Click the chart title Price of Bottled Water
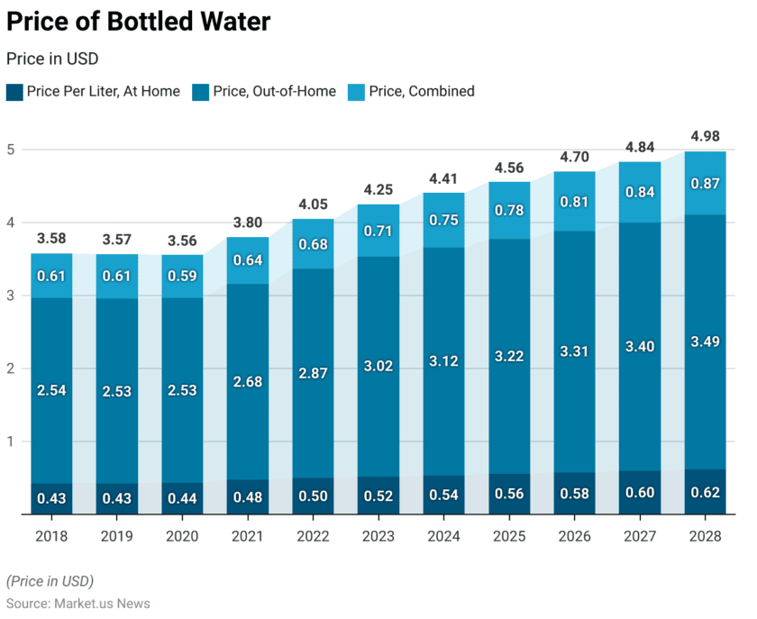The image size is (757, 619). click(x=138, y=22)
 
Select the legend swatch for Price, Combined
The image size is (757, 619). click(x=357, y=91)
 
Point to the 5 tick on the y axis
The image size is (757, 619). click(x=11, y=150)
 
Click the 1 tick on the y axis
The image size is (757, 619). click(x=11, y=441)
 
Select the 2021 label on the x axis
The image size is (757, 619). click(x=248, y=536)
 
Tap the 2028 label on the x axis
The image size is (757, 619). click(x=705, y=536)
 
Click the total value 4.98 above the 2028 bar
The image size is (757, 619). click(x=705, y=137)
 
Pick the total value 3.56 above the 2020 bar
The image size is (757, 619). click(x=183, y=241)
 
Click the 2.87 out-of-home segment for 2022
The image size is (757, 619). click(x=313, y=372)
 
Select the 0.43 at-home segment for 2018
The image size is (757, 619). click(x=51, y=499)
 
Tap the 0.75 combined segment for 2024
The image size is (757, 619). click(x=443, y=220)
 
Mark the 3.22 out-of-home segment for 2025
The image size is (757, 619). click(x=509, y=356)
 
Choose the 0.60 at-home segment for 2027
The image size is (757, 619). click(x=640, y=492)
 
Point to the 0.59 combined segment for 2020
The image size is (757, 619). click(x=183, y=276)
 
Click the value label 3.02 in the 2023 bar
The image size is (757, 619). click(x=378, y=365)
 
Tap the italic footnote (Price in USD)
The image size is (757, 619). click(x=50, y=580)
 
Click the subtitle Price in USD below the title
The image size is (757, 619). click(x=52, y=59)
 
